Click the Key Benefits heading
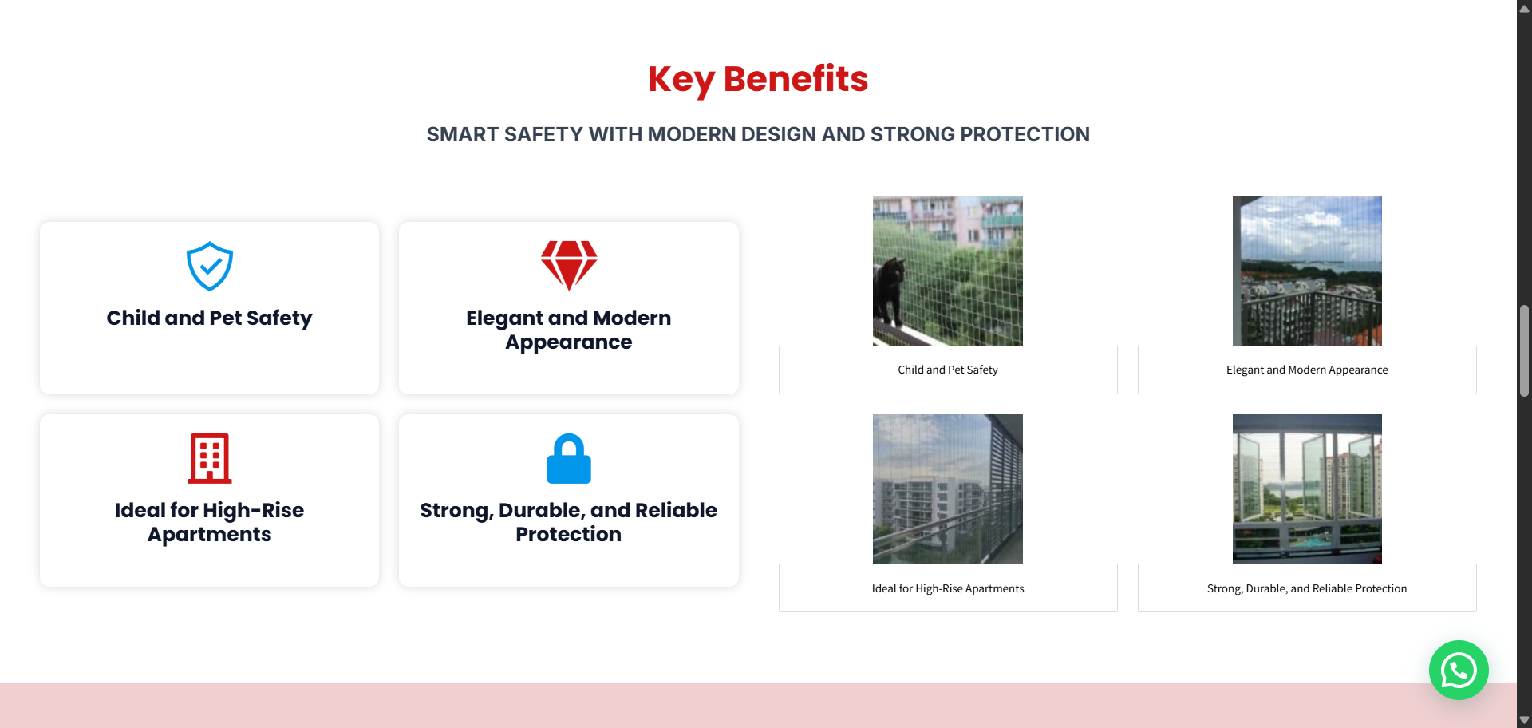point(758,79)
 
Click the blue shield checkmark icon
point(210,267)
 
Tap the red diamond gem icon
point(569,266)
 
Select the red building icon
point(210,458)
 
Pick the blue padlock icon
point(569,458)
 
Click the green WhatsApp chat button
point(1459,671)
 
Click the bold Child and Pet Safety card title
point(210,318)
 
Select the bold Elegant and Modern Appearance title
point(569,330)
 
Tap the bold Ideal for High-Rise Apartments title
point(210,522)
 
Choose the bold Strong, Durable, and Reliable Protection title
point(569,522)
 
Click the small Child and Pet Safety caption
point(948,370)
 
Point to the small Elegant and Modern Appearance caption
point(1307,370)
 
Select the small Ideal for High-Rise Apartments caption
point(948,588)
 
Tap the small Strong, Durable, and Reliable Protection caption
point(1307,588)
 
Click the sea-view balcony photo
point(1307,271)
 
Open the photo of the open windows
point(1307,489)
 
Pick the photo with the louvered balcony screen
point(948,489)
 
